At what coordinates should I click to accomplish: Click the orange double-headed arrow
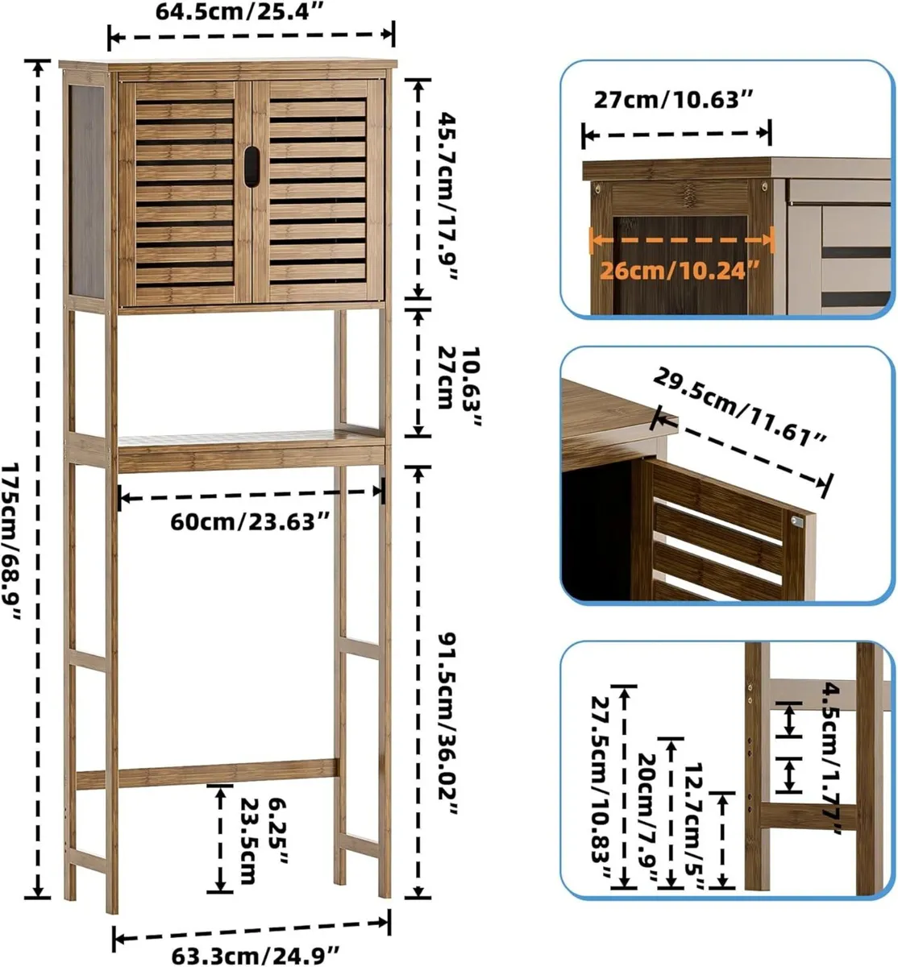click(682, 238)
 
